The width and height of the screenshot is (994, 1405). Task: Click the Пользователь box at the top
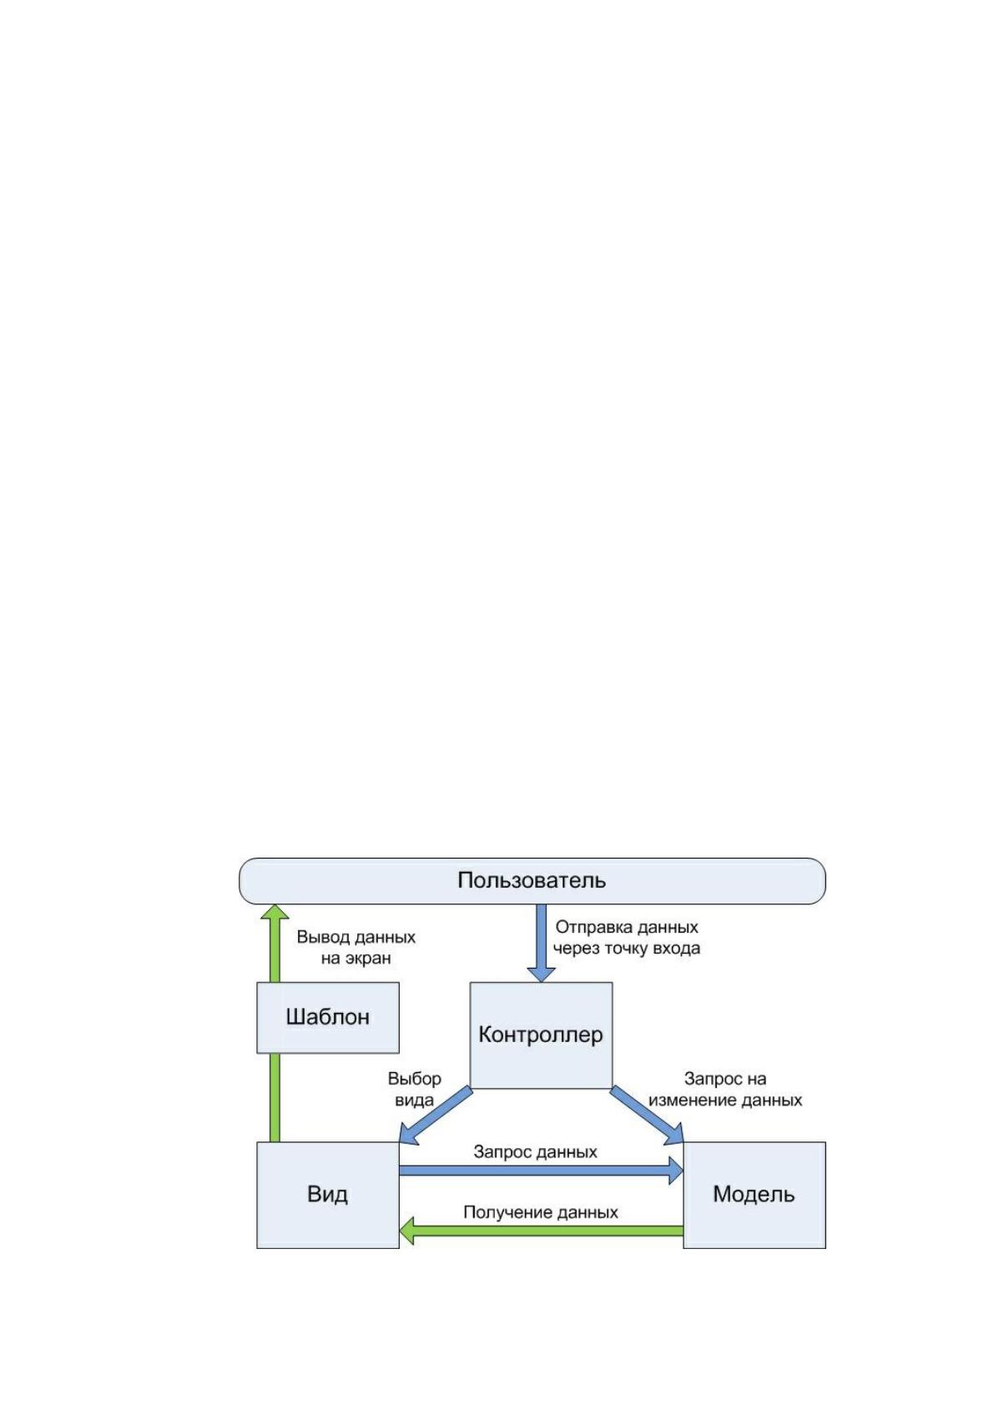coord(532,881)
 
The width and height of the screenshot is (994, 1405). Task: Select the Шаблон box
coord(327,1017)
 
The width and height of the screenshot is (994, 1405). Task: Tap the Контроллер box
coord(541,1035)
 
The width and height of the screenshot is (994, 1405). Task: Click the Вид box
coord(327,1195)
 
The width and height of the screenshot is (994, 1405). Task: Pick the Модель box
coord(754,1195)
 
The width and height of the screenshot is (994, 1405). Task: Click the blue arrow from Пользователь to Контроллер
coord(541,943)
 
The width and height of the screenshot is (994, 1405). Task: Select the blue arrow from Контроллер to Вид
coord(436,1115)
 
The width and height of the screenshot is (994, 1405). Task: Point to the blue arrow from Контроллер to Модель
coord(647,1115)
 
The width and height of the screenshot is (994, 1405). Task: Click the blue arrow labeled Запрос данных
coord(541,1171)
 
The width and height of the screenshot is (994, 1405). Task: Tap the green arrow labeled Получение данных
coord(541,1231)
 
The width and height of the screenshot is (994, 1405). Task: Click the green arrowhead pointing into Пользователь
coord(275,913)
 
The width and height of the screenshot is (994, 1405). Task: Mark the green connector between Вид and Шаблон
coord(275,1097)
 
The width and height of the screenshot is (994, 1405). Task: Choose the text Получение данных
coord(540,1211)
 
